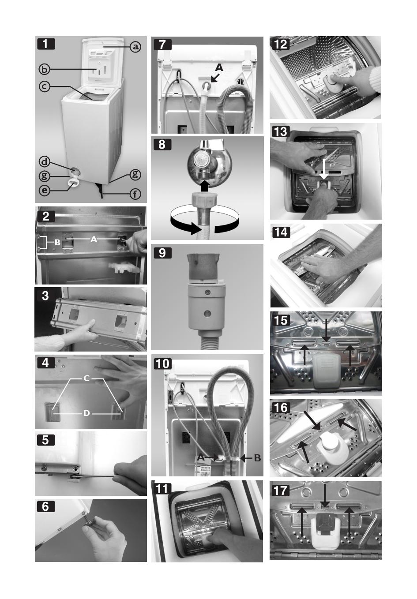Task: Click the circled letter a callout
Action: (135, 47)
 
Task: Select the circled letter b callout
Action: (45, 70)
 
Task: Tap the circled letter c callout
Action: (45, 86)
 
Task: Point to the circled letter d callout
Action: (45, 161)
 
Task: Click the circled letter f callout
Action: (135, 194)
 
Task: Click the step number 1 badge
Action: (46, 44)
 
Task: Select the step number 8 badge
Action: (162, 144)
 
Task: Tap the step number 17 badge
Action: (281, 490)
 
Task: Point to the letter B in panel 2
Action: (57, 243)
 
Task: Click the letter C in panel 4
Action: (86, 378)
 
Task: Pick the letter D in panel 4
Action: (86, 413)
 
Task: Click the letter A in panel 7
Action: (219, 67)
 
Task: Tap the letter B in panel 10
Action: (257, 458)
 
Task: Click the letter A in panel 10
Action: (201, 457)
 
